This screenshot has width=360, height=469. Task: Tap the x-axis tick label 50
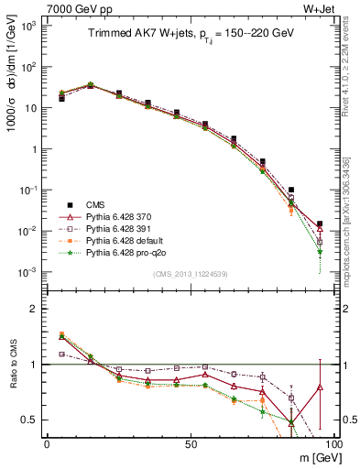pyautogui.click(x=190, y=444)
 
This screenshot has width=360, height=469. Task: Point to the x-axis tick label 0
pyautogui.click(x=47, y=444)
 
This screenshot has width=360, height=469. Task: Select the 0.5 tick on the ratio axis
pyautogui.click(x=29, y=420)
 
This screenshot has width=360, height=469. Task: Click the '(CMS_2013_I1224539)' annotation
pyautogui.click(x=190, y=274)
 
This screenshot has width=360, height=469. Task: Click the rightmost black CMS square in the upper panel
pyautogui.click(x=320, y=224)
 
